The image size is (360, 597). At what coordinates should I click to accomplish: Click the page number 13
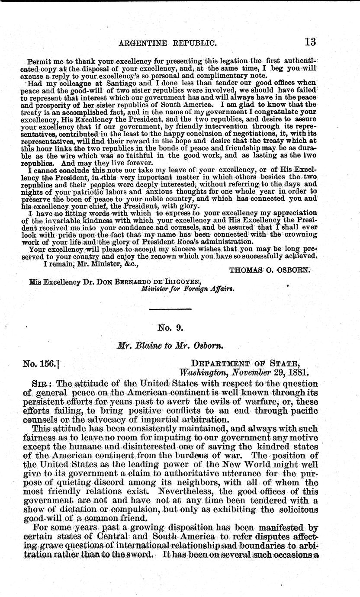tap(310, 42)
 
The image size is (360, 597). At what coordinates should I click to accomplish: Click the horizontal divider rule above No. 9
tap(170, 309)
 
